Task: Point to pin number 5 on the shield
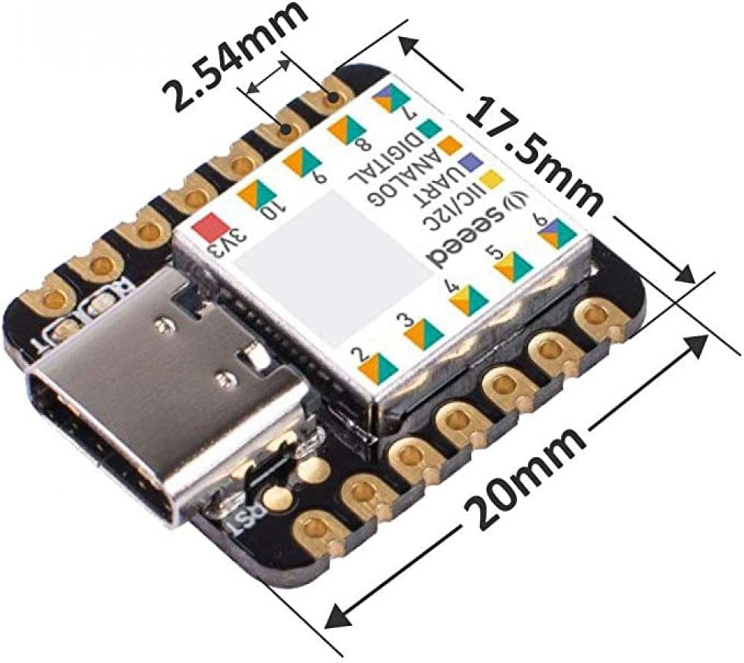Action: pyautogui.click(x=499, y=254)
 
